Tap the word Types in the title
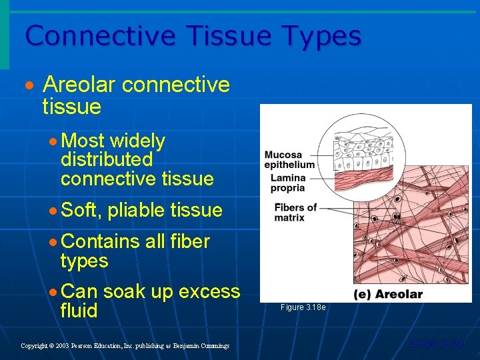tap(315, 37)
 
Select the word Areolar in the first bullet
tap(80, 85)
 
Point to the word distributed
tap(107, 160)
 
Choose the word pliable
tap(137, 211)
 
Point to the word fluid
tap(79, 311)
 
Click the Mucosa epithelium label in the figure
tap(289, 160)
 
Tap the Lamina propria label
tap(288, 183)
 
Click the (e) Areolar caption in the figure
tap(388, 294)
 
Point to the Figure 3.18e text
tap(303, 307)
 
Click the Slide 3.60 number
tap(437, 345)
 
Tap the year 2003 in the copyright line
tap(63, 346)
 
